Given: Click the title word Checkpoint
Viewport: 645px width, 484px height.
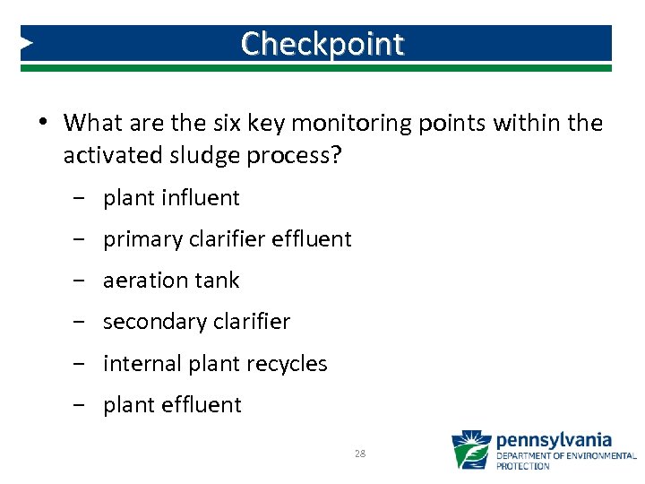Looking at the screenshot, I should [322, 43].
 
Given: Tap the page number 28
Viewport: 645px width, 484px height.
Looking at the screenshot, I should [360, 454].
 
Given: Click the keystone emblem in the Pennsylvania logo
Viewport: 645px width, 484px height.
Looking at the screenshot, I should [470, 451].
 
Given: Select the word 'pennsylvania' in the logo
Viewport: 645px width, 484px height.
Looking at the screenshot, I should [554, 440].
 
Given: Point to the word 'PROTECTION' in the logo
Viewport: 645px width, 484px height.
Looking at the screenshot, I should [523, 466].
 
